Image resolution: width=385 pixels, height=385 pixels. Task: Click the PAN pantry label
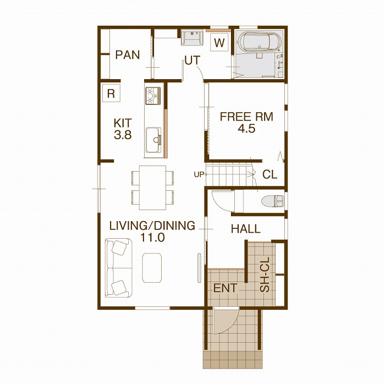point(128,55)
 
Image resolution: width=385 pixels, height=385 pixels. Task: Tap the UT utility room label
point(193,61)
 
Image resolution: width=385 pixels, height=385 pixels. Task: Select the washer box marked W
point(219,42)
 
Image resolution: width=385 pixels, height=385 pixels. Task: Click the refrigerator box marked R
point(111,93)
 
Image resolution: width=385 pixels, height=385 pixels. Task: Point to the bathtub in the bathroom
point(256,42)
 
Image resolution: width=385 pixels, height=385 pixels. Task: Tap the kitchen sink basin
point(153,140)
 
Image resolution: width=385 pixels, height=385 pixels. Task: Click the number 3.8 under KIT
point(123,135)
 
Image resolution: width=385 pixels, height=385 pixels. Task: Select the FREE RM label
point(246,117)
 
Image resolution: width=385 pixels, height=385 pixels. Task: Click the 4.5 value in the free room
point(246,128)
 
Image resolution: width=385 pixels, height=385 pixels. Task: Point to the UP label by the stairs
point(199,174)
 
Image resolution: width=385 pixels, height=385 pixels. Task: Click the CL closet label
point(269,174)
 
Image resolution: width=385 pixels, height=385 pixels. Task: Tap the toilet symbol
point(273,201)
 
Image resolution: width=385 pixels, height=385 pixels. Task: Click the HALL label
point(245,229)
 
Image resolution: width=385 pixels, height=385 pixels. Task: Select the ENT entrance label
point(225,288)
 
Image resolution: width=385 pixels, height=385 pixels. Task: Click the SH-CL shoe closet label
point(265,274)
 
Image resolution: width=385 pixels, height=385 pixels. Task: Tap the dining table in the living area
point(152,188)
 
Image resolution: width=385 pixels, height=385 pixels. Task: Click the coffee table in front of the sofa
point(152,268)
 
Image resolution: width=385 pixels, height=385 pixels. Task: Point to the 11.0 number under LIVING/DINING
point(152,238)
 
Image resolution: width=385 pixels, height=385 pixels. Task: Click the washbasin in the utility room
point(193,37)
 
